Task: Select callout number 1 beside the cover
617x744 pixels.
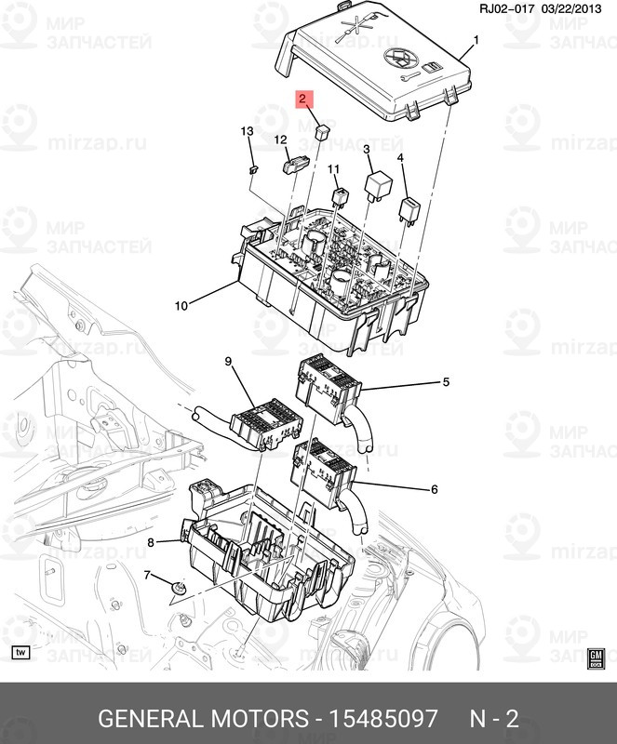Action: point(476,40)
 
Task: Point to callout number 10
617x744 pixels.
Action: point(181,305)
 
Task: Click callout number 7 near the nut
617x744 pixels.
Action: point(146,576)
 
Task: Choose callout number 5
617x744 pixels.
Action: point(445,381)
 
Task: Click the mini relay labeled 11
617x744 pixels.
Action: point(341,198)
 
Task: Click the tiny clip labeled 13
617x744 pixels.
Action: point(253,169)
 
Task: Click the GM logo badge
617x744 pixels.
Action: point(598,659)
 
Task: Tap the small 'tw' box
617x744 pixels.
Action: point(20,651)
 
